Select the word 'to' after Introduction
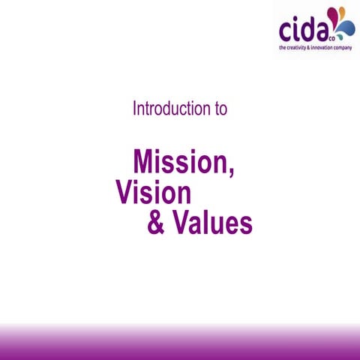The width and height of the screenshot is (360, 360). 220,108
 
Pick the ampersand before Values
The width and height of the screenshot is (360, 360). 157,223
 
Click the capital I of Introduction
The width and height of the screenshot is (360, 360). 135,108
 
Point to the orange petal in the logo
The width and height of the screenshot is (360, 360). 343,12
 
